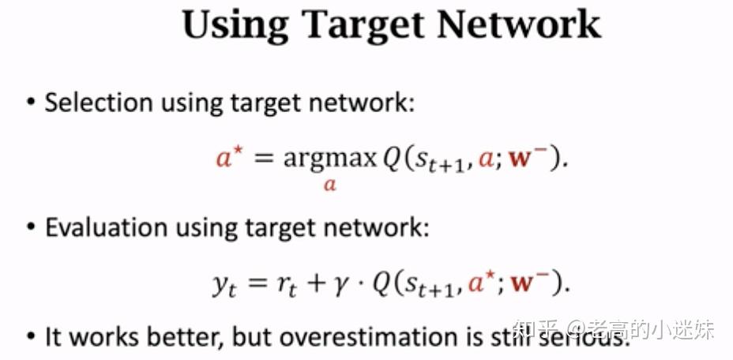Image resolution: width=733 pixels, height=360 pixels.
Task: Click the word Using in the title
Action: click(x=233, y=24)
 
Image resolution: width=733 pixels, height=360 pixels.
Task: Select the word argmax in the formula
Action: click(x=330, y=159)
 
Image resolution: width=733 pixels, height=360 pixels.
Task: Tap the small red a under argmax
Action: click(x=330, y=186)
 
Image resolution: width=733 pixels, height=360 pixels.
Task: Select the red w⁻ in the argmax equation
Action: click(x=539, y=158)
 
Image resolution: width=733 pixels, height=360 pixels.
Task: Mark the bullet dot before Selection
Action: click(x=31, y=103)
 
